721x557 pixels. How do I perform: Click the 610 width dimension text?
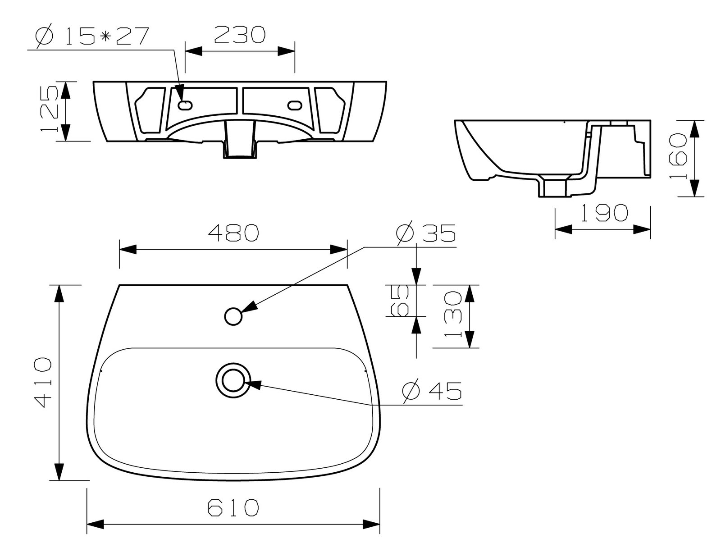click(x=233, y=508)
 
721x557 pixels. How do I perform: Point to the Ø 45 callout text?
click(x=432, y=391)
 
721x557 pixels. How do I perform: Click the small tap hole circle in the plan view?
click(x=233, y=316)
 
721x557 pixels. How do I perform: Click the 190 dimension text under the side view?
click(x=604, y=213)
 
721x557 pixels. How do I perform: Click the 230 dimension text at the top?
click(x=239, y=35)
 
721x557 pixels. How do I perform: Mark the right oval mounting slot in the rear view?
click(x=295, y=105)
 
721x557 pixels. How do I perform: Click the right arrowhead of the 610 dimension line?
click(x=371, y=524)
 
